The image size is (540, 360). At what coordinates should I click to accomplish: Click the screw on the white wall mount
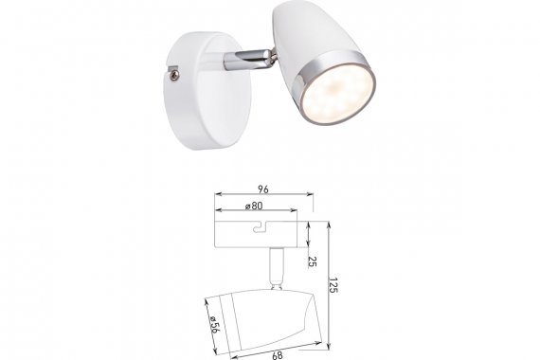pos(175,76)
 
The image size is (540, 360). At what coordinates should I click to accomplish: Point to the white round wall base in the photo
pos(206,91)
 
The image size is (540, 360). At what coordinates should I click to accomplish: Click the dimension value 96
pos(263,189)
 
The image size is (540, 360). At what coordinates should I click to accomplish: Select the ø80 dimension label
pos(254,206)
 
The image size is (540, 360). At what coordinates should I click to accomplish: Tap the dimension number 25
pos(312,261)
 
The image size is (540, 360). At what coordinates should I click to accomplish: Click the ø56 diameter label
pos(214,325)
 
